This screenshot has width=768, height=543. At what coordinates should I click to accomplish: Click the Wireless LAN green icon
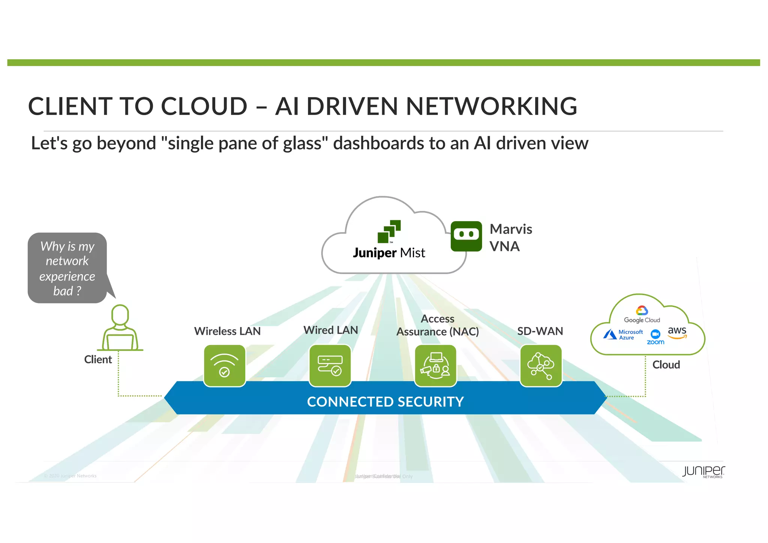coord(224,366)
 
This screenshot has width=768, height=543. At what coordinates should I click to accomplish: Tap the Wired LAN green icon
coord(330,366)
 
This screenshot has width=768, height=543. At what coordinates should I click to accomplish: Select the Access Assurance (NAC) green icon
coord(435,366)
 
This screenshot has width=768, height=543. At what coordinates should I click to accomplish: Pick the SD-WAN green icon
coord(541,366)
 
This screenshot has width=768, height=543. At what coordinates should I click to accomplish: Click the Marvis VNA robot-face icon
coord(466,236)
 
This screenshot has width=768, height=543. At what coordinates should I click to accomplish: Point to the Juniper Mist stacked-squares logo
coord(389,231)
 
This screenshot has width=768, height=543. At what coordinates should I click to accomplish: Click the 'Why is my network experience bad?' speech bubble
coord(67,268)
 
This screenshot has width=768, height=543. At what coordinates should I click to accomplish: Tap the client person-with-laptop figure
coord(120,328)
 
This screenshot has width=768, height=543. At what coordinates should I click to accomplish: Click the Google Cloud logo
coord(642,315)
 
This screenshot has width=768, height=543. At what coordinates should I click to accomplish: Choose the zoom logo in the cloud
coord(655,337)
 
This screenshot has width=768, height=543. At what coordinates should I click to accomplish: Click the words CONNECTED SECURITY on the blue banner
coord(385,402)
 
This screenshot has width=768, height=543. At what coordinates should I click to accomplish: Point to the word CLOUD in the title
coord(204,106)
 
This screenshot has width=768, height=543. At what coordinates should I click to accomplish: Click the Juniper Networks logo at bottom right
coord(703,472)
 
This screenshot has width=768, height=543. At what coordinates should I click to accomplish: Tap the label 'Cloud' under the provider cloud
coord(666,364)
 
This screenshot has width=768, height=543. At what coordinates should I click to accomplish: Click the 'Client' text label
coord(98,359)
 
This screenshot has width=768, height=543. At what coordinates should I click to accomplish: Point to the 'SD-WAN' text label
coord(540,331)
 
